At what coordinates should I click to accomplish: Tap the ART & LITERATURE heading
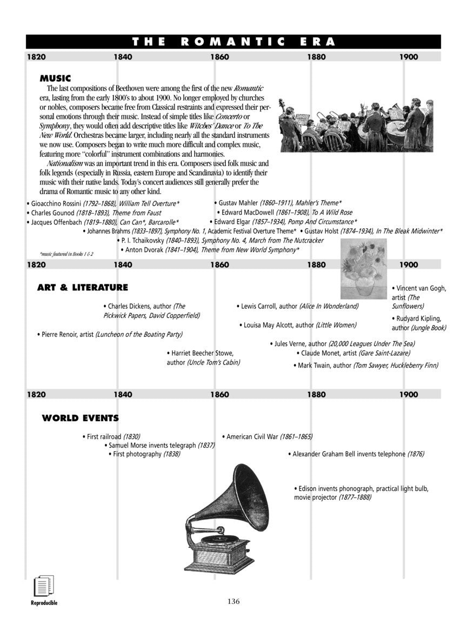pyautogui.click(x=82, y=287)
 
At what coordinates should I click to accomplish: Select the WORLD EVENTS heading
pyautogui.click(x=80, y=418)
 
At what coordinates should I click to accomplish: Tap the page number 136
pyautogui.click(x=234, y=601)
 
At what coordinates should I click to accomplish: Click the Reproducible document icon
pyautogui.click(x=43, y=587)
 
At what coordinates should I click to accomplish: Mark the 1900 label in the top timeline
pyautogui.click(x=409, y=57)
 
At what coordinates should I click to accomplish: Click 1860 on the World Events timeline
pyautogui.click(x=219, y=395)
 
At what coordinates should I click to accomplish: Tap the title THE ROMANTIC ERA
pyautogui.click(x=234, y=42)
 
